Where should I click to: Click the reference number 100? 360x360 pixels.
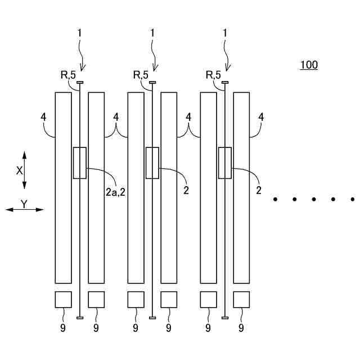coord(308,65)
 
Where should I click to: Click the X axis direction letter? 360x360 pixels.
coord(19,170)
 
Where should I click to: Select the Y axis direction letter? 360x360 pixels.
coord(25,204)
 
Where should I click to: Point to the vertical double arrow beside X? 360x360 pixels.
coord(25,170)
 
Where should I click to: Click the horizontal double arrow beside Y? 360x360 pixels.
coord(25,210)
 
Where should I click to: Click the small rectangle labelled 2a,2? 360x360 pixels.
coord(80,163)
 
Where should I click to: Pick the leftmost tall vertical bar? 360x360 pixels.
coord(63,187)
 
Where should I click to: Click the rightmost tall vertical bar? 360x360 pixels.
coord(242,187)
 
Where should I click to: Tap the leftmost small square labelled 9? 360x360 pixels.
coord(63,300)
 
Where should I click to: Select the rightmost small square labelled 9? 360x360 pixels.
coord(242,300)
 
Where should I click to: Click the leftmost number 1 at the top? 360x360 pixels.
coord(80,33)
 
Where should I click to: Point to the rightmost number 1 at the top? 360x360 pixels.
coord(225,33)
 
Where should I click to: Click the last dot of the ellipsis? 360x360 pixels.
coord(352,199)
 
